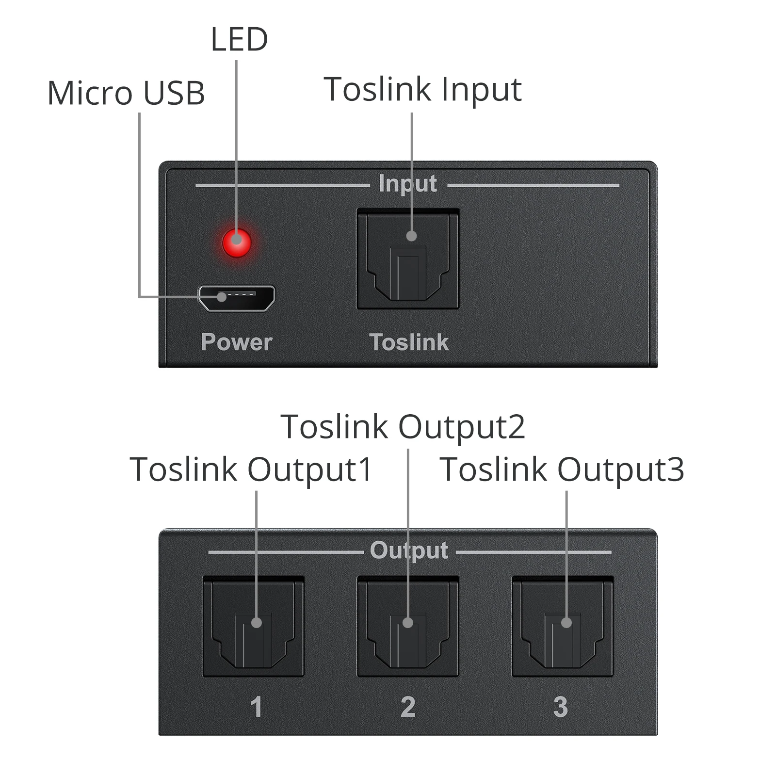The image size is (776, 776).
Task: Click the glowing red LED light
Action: pyautogui.click(x=237, y=242)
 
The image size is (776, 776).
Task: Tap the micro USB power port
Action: pyautogui.click(x=237, y=298)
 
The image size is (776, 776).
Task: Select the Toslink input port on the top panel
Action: pyautogui.click(x=407, y=259)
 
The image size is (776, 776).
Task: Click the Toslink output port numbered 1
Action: pyautogui.click(x=253, y=626)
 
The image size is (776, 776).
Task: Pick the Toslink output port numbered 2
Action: pyautogui.click(x=407, y=626)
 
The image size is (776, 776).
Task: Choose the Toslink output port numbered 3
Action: pyautogui.click(x=562, y=626)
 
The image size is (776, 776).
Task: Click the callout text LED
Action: pyautogui.click(x=239, y=39)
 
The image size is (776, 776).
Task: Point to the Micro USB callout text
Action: pyautogui.click(x=126, y=93)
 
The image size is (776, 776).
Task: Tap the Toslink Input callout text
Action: pyautogui.click(x=422, y=89)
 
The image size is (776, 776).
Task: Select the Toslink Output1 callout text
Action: pyautogui.click(x=251, y=469)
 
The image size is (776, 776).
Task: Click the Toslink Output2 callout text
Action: pyautogui.click(x=403, y=427)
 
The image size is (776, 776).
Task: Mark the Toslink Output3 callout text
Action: pyautogui.click(x=562, y=469)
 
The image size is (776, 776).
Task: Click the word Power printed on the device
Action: pyautogui.click(x=237, y=342)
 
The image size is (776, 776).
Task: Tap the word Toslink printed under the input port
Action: pyautogui.click(x=409, y=342)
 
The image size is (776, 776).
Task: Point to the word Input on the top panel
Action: pyautogui.click(x=407, y=184)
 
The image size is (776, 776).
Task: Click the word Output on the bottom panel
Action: pyautogui.click(x=409, y=550)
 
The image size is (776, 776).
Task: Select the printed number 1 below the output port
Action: pyautogui.click(x=256, y=707)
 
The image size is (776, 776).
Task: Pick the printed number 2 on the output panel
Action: pyautogui.click(x=408, y=707)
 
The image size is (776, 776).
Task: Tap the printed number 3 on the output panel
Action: pyautogui.click(x=560, y=707)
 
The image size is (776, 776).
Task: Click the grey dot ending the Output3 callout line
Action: pyautogui.click(x=566, y=623)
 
